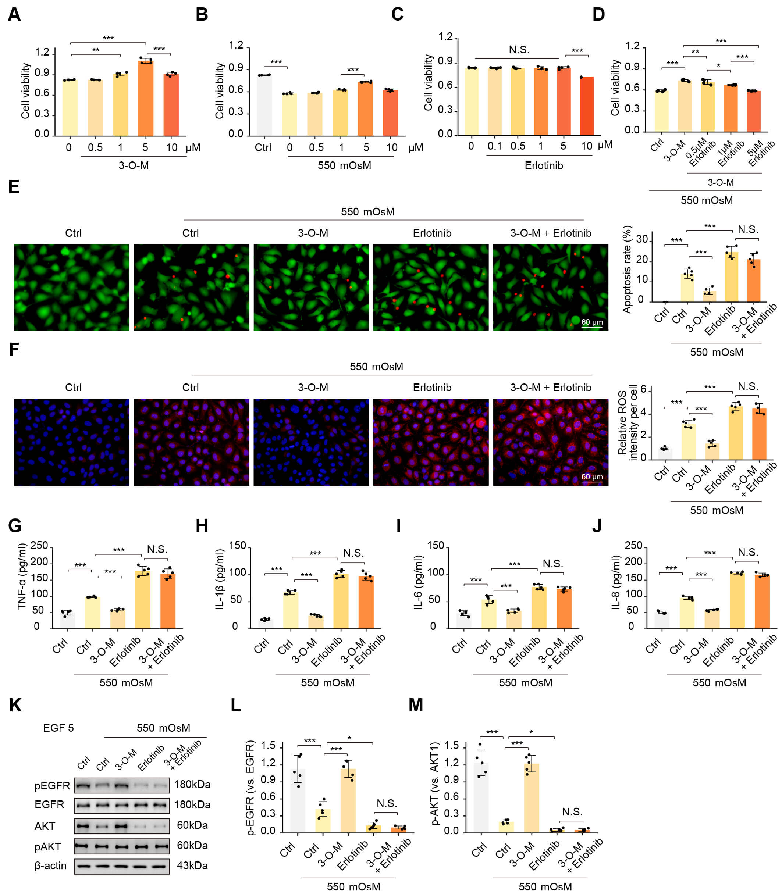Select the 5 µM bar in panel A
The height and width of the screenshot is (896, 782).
click(146, 98)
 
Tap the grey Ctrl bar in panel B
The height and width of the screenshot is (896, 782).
click(264, 105)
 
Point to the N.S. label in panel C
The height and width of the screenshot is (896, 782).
click(519, 50)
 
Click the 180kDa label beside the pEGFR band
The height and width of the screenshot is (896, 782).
click(192, 784)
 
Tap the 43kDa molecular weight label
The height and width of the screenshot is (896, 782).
click(192, 865)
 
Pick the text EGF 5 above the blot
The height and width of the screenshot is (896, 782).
click(58, 728)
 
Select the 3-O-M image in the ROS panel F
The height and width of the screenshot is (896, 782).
click(311, 442)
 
